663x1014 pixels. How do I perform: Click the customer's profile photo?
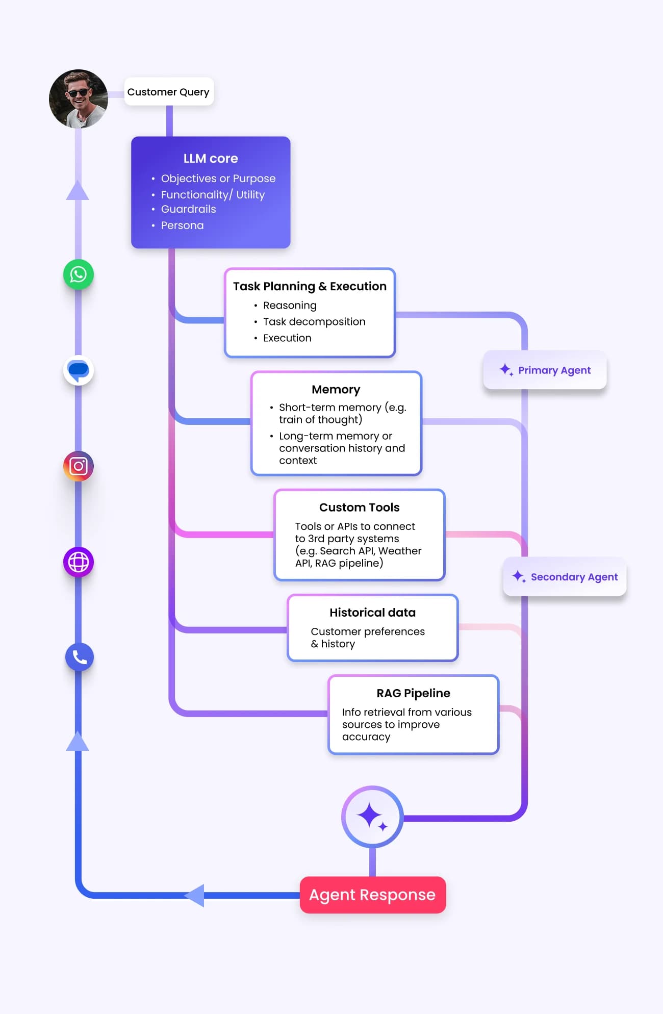(x=79, y=99)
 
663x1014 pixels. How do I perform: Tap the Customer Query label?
(x=168, y=92)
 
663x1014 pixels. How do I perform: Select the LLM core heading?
(x=211, y=159)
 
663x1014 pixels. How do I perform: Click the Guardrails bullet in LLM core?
(x=188, y=209)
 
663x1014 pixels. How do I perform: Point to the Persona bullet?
(x=182, y=225)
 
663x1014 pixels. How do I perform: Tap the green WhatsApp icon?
(x=79, y=275)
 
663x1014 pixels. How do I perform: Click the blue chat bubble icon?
(x=79, y=370)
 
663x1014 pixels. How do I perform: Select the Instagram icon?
(x=79, y=466)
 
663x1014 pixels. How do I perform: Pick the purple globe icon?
(x=79, y=562)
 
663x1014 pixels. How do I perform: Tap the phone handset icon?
(x=80, y=657)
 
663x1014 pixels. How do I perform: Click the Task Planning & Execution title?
(x=310, y=287)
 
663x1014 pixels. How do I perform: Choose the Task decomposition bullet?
(x=314, y=322)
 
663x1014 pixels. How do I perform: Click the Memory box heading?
(x=336, y=390)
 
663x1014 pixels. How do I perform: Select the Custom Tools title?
(x=360, y=508)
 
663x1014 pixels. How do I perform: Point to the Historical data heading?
(x=372, y=613)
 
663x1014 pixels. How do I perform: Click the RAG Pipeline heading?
(x=414, y=693)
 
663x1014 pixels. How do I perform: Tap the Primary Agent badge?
(x=545, y=370)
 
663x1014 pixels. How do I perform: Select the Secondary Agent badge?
(x=565, y=577)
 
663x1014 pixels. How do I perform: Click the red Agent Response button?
(x=373, y=895)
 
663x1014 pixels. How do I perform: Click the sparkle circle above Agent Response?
(x=372, y=817)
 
